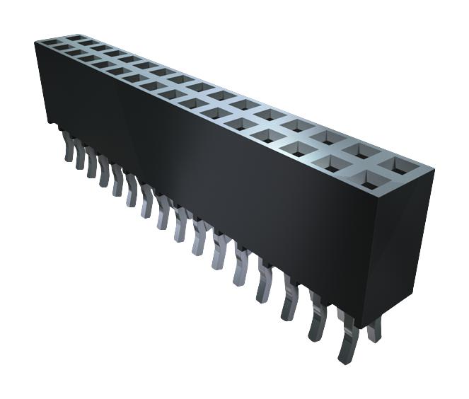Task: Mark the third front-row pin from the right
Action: pos(289,297)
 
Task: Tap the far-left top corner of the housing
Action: pos(35,42)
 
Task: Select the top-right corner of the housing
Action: pos(433,170)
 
